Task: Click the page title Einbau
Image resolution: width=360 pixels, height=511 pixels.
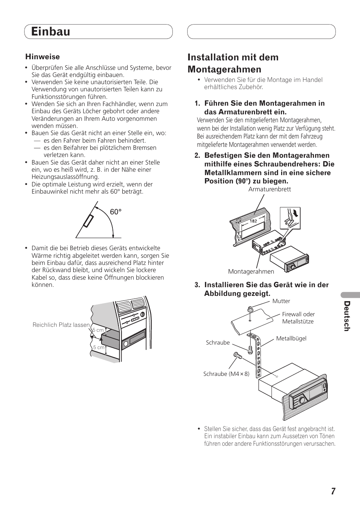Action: coord(51,32)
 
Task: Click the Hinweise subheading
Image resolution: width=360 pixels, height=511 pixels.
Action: coord(43,57)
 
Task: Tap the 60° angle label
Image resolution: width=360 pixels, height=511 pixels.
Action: coord(116,212)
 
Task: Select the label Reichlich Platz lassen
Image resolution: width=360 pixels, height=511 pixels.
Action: coord(61,325)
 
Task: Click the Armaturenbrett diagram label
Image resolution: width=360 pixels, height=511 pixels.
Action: coord(269,189)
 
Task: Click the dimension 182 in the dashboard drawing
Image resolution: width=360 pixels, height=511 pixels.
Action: coord(253,221)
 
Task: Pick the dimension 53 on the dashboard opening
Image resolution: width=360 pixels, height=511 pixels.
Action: coord(239,237)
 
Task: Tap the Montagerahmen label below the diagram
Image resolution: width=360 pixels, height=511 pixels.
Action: coord(251,272)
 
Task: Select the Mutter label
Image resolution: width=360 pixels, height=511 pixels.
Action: coord(281,301)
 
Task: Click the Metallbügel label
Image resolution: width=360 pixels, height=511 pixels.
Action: coord(291,339)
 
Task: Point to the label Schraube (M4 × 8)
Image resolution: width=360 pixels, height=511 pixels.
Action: coord(226,374)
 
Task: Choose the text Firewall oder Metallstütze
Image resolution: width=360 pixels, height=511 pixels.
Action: coord(298,318)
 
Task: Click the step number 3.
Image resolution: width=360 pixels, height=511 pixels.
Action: coord(197,285)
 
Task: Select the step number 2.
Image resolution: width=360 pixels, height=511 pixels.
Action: coord(197,155)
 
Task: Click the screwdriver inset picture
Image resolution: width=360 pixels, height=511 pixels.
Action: coord(290,218)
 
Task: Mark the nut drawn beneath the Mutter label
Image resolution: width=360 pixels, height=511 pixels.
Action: coord(250,310)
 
